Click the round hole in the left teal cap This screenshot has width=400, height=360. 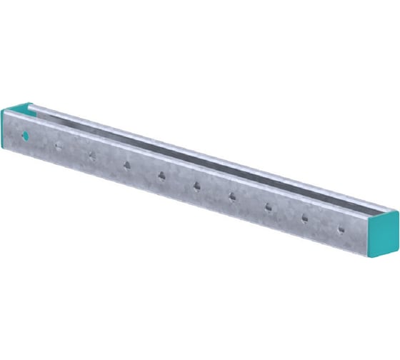click(25, 135)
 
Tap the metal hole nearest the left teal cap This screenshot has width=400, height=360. click(59, 146)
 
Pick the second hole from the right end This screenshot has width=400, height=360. click(305, 219)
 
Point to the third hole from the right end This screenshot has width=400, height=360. click(269, 208)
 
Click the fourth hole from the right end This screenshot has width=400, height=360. click(232, 196)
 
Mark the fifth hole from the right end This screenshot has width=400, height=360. click(196, 186)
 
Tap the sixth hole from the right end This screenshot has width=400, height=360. click(161, 176)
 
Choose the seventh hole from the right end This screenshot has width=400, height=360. click(126, 166)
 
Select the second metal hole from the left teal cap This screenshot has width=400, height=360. click(92, 156)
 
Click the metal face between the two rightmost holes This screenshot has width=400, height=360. click(323, 224)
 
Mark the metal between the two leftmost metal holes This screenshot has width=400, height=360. click(75, 151)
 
